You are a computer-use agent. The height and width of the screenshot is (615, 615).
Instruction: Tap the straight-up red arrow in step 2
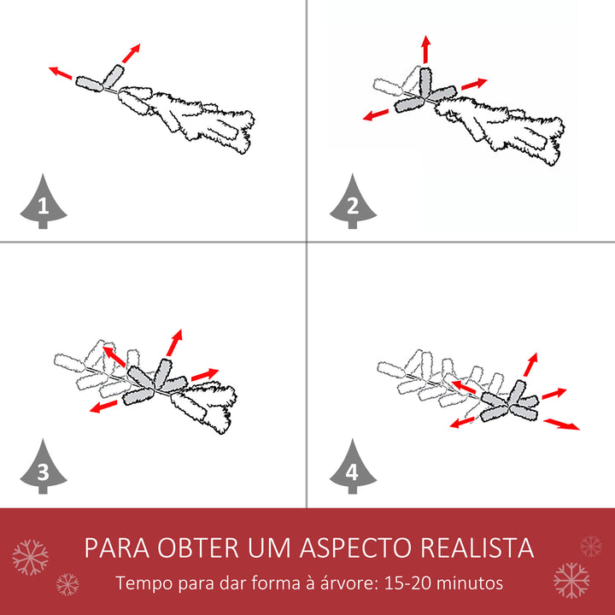click(x=425, y=50)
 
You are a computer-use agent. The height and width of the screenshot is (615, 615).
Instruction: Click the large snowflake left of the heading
click(x=31, y=557)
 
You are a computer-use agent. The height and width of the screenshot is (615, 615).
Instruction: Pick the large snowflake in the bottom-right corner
click(x=571, y=580)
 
